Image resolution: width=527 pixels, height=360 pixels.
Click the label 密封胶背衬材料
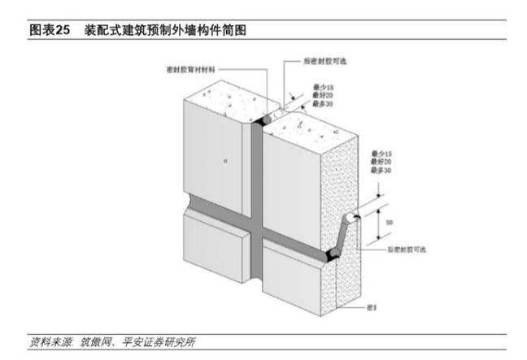pyautogui.click(x=192, y=70)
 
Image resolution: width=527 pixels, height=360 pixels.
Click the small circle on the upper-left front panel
pyautogui.click(x=225, y=162)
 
